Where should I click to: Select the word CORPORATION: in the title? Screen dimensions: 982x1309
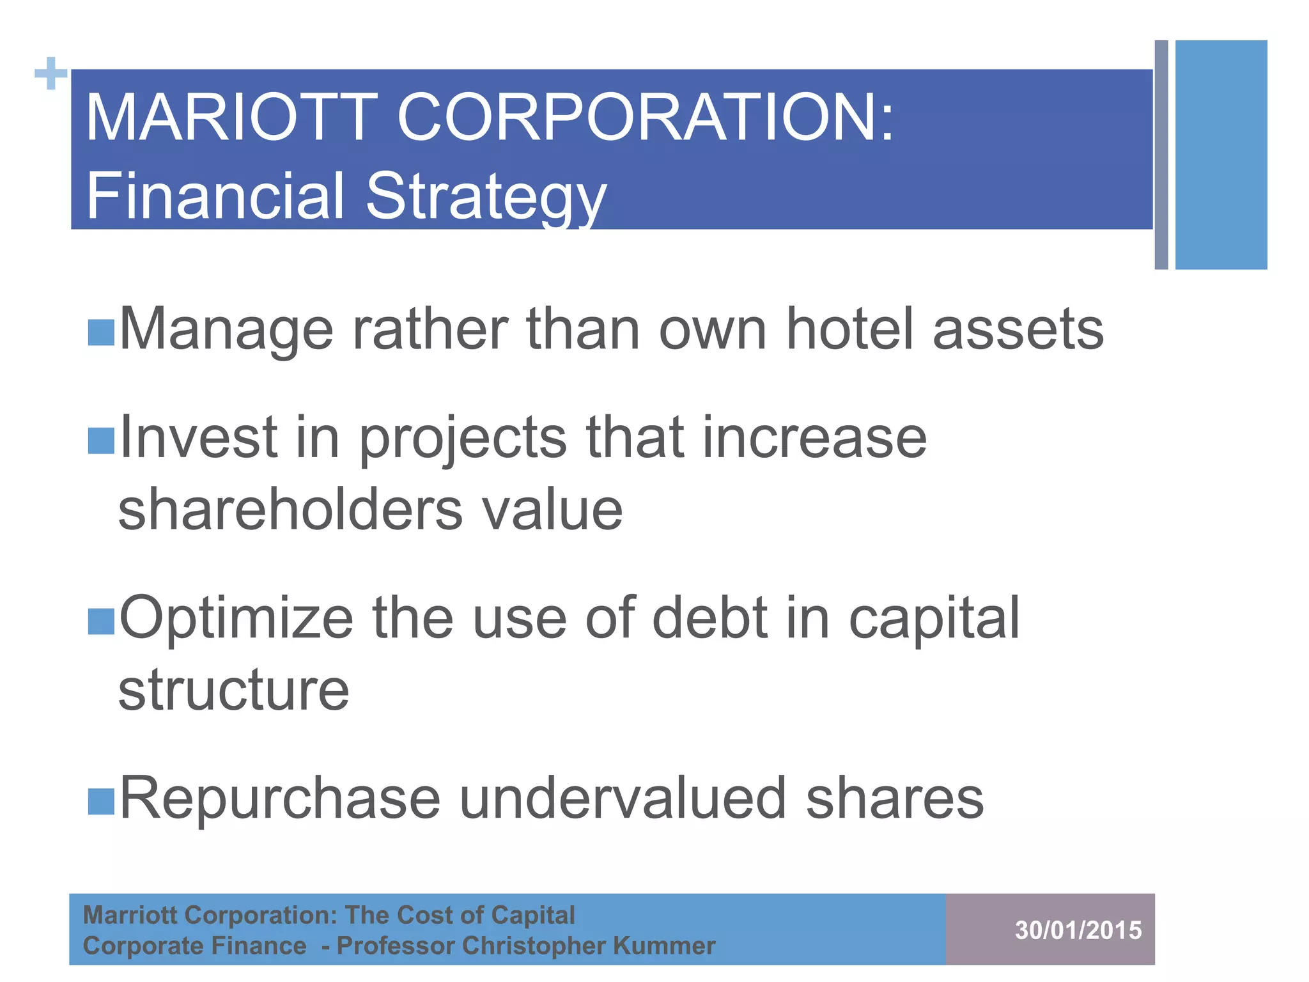click(646, 118)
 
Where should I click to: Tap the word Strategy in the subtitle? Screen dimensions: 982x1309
click(486, 196)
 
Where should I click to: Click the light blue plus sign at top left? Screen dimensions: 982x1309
click(51, 74)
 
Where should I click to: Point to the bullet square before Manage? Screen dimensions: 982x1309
click(101, 333)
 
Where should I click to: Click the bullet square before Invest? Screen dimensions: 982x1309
click(101, 440)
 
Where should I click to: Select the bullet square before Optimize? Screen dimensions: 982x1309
click(101, 621)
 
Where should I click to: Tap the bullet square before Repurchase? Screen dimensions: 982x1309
click(101, 801)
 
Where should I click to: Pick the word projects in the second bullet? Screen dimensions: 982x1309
click(462, 440)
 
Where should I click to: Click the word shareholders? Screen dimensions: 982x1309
click(290, 510)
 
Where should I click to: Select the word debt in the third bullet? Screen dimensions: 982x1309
click(709, 618)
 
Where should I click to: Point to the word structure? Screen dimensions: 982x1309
click(234, 690)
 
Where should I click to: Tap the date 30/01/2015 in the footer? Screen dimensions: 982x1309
click(1078, 930)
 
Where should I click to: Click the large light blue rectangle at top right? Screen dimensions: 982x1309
click(1221, 155)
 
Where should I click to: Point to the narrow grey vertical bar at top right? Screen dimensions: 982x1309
click(1161, 155)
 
